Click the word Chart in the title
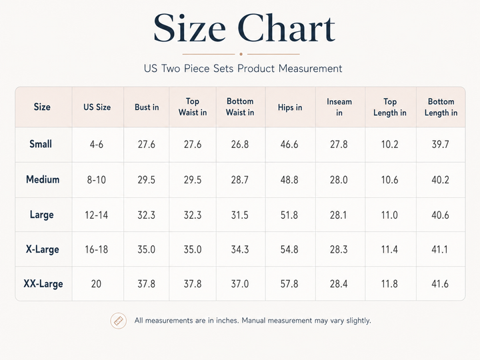(x=286, y=28)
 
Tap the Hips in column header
(x=290, y=107)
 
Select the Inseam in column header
(x=339, y=107)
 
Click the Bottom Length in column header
(x=441, y=107)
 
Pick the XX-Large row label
(x=43, y=284)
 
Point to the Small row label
(x=41, y=144)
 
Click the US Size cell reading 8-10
(x=97, y=180)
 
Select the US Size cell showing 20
(x=96, y=284)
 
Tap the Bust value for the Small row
(x=146, y=144)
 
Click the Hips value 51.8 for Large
(x=289, y=215)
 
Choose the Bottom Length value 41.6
(x=440, y=284)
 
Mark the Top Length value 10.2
(x=389, y=144)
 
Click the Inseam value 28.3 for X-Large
(x=339, y=249)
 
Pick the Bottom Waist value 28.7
(x=240, y=180)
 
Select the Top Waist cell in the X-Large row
(x=193, y=249)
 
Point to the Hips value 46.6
(x=289, y=144)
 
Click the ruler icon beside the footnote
(x=119, y=321)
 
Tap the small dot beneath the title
(x=241, y=54)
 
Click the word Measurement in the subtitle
(x=310, y=68)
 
